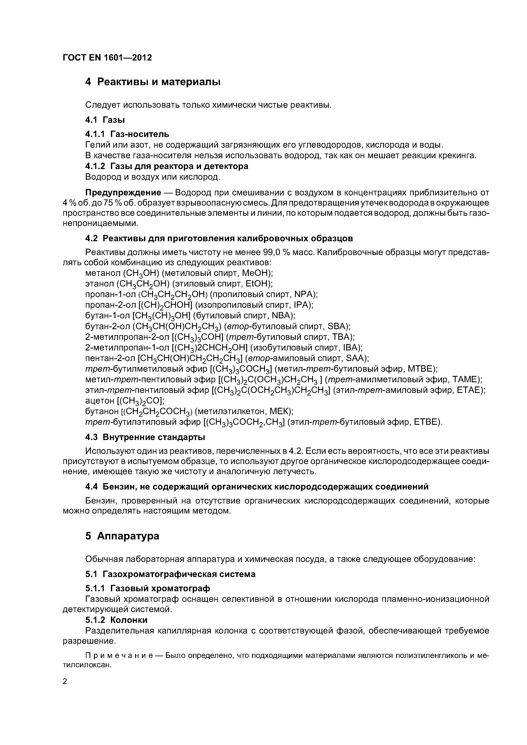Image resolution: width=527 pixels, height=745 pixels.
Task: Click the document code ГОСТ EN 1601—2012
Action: click(x=107, y=58)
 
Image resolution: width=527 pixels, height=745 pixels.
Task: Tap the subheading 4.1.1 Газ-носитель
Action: click(x=127, y=134)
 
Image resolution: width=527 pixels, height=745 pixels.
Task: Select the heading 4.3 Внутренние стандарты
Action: click(x=145, y=437)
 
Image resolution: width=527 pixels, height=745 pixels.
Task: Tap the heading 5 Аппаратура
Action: click(x=122, y=536)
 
